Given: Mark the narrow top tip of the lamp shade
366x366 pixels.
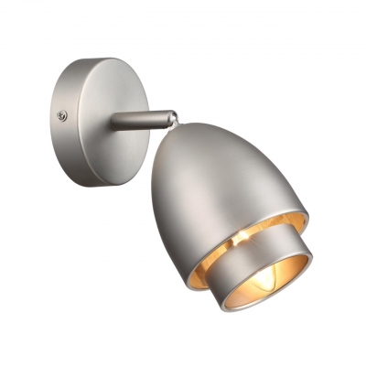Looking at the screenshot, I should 188,128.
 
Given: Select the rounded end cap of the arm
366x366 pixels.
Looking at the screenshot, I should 170,117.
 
